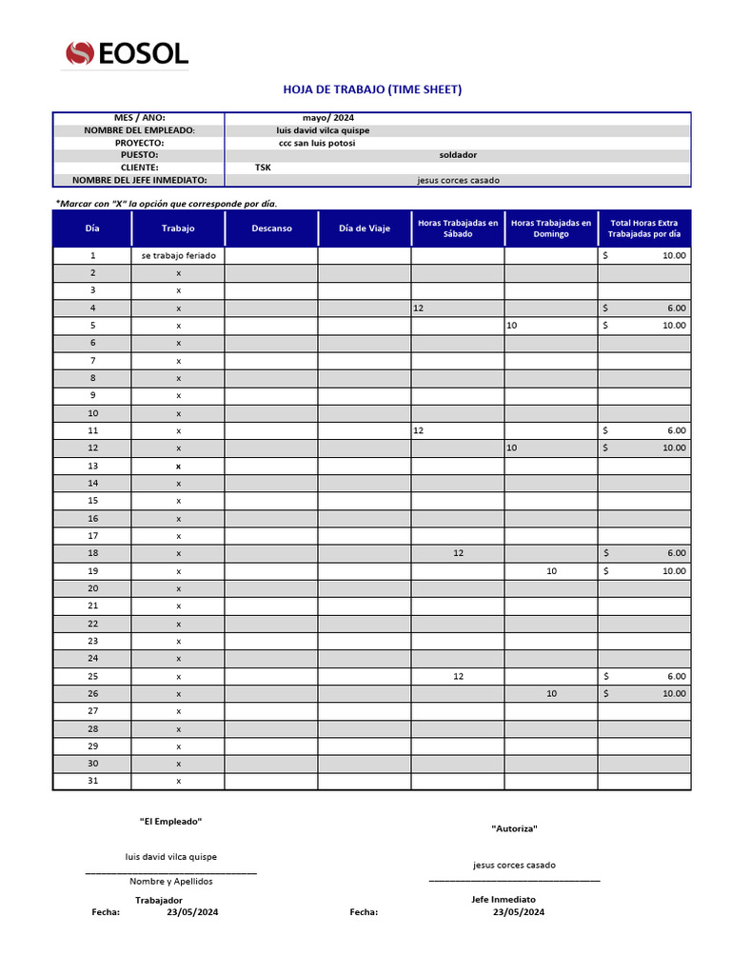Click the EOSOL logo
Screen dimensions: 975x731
click(127, 54)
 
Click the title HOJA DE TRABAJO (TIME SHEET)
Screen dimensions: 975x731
click(372, 90)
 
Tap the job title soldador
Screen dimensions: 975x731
click(458, 155)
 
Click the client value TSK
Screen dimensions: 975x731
click(263, 168)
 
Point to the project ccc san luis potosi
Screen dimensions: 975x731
click(310, 143)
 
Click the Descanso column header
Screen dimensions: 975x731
click(271, 229)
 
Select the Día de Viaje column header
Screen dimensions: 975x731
click(365, 229)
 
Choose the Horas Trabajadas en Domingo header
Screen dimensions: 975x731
click(551, 229)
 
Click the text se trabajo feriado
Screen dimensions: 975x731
click(179, 256)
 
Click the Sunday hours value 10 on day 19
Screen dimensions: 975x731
click(551, 571)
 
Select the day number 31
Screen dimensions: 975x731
click(92, 781)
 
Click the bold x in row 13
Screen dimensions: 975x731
click(178, 467)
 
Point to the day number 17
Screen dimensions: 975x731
click(92, 536)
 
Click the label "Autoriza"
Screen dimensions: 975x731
click(514, 828)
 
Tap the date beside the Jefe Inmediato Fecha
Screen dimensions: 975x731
click(519, 912)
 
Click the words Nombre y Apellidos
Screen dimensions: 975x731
click(171, 882)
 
